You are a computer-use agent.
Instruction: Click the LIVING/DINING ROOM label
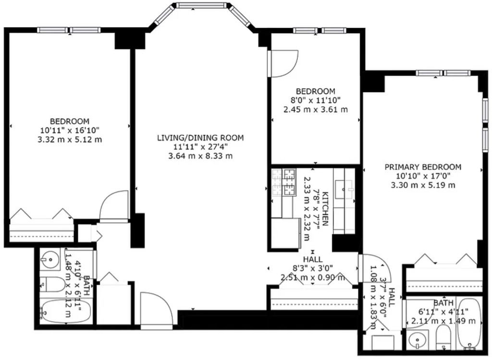pos(200,138)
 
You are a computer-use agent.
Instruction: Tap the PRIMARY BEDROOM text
pos(423,167)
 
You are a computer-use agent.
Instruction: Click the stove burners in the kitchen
pos(284,182)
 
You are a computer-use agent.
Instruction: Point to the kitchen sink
pos(344,190)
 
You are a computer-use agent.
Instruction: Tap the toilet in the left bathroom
pos(52,284)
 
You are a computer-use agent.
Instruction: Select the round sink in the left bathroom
pos(50,259)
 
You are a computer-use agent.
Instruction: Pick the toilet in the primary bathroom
pos(443,337)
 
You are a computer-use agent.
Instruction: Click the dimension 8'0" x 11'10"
pos(316,100)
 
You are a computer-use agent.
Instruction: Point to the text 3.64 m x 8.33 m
pos(200,156)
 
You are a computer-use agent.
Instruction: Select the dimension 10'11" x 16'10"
pos(70,130)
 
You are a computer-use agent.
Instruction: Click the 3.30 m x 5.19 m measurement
pos(423,185)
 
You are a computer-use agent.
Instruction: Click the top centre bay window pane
pos(201,5)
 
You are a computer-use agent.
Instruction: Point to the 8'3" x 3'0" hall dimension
pos(313,268)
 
